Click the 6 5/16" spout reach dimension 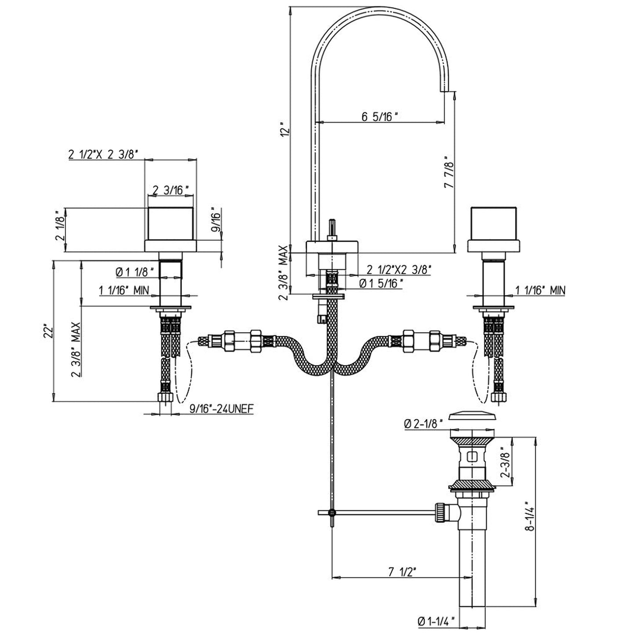point(380,117)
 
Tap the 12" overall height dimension point(286,130)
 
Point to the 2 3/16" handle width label point(171,190)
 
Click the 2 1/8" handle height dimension point(60,230)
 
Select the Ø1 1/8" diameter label point(135,273)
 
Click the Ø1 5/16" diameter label point(381,283)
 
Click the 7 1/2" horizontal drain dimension point(402,572)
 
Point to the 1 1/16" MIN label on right point(540,290)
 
